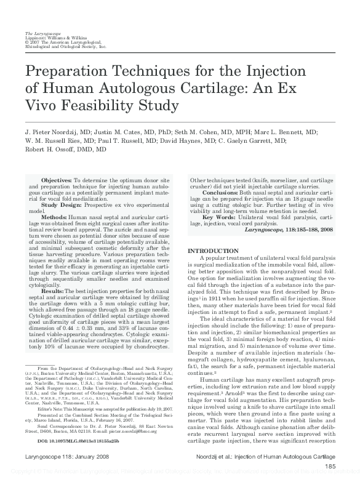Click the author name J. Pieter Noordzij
point(53,132)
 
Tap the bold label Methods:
point(54,217)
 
